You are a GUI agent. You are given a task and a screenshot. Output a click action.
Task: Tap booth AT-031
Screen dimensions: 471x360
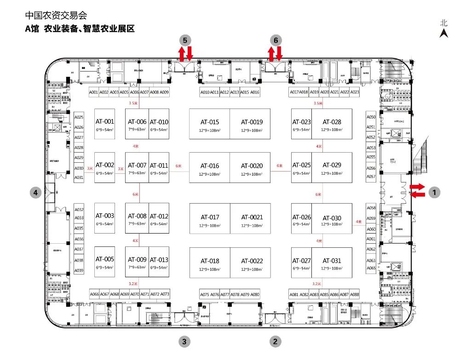[332, 263]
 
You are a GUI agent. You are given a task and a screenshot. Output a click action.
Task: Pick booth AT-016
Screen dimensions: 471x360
[210, 168]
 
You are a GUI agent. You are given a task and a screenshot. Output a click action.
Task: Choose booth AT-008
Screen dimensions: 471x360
[137, 218]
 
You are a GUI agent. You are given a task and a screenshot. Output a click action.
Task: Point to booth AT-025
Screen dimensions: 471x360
[302, 168]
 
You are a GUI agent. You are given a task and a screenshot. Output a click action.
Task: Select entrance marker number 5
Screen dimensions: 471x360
[185, 40]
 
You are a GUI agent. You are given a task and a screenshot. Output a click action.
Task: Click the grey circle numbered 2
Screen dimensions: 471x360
[275, 341]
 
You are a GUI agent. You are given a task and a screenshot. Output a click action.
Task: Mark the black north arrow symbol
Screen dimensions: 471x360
[444, 33]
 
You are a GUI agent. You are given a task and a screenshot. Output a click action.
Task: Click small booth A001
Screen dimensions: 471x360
[94, 92]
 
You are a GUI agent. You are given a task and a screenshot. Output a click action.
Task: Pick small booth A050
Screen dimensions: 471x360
[371, 117]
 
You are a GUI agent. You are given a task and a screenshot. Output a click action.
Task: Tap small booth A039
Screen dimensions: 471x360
[79, 270]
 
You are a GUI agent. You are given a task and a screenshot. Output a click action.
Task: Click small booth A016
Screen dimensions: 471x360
[254, 92]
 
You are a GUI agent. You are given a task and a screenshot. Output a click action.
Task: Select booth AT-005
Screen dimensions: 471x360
[104, 262]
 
